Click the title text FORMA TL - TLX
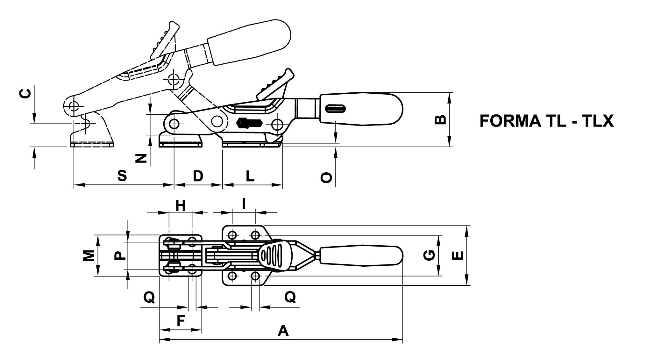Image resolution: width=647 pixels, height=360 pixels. tap(546, 121)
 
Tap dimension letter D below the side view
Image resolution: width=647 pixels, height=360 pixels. tap(198, 176)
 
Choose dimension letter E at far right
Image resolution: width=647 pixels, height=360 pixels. tap(458, 256)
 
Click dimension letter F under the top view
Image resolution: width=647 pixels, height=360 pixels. tap(181, 321)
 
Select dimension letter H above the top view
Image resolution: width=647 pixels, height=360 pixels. tap(181, 206)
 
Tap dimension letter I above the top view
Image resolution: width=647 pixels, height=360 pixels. tap(244, 204)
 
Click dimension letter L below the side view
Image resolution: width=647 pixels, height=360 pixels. tap(250, 176)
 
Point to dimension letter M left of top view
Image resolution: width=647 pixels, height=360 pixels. tap(89, 256)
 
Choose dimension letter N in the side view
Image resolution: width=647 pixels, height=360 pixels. tap(141, 158)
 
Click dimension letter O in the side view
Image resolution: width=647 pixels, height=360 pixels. tap(326, 178)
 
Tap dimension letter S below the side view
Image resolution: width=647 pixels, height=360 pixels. tap(122, 176)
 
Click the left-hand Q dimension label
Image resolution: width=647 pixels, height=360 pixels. tap(149, 298)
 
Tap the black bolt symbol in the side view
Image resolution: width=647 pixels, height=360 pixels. tap(249, 123)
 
